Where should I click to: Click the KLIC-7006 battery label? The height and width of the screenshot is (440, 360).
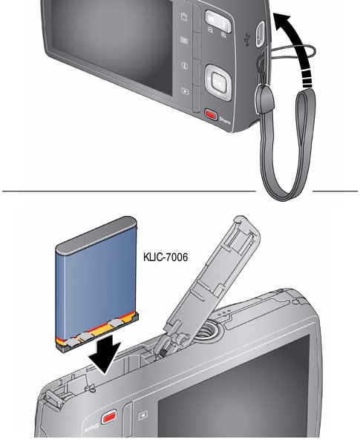[166, 257]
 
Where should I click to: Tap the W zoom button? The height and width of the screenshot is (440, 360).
[211, 19]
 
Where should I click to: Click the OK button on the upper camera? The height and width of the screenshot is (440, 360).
[217, 83]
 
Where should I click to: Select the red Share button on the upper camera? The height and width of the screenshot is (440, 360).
[211, 114]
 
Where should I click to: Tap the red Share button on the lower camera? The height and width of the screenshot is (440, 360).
[109, 418]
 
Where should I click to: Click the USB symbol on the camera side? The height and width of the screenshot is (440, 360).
[247, 39]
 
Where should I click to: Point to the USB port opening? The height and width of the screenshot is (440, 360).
[260, 34]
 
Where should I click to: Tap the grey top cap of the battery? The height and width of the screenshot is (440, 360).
[96, 234]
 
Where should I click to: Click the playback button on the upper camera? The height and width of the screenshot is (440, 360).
[185, 91]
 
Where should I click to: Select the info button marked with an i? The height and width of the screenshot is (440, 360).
[185, 65]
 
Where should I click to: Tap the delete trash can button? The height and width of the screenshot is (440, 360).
[184, 16]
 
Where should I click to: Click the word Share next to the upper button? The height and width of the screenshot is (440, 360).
[225, 121]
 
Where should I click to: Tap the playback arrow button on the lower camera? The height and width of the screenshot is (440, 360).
[143, 416]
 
